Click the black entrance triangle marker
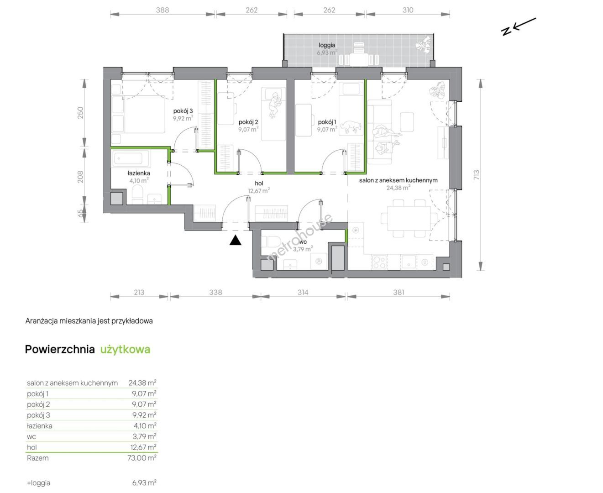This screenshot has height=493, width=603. point(235,240)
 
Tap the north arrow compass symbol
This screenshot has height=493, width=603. point(518,27)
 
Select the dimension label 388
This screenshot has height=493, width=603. point(163,10)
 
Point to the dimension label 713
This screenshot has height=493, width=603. point(476,175)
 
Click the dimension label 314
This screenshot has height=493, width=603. point(303,292)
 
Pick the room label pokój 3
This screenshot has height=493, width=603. point(183,111)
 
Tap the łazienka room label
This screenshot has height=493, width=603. point(139,173)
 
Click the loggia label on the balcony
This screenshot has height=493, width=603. point(327,45)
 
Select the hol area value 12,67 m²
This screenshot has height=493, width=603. point(259,190)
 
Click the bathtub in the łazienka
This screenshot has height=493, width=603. point(132,159)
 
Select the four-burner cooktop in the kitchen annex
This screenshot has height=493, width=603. point(379,262)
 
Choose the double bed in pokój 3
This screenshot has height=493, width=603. point(138,115)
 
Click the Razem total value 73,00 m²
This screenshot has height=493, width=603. point(142,458)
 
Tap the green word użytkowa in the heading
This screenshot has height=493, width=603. point(125,350)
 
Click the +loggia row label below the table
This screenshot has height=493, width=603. point(39,483)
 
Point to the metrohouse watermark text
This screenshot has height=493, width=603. point(299,237)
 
